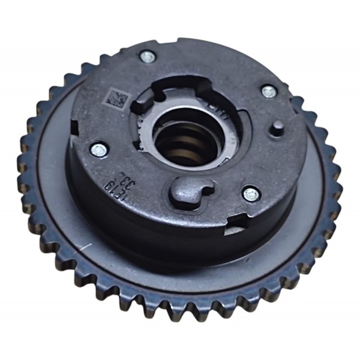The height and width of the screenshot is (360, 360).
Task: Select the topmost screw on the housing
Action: (147, 57)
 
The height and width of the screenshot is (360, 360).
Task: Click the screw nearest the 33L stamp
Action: (97, 149)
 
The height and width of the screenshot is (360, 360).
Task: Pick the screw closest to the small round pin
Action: (268, 92)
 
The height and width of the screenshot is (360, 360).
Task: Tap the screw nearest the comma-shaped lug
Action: (250, 194)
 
